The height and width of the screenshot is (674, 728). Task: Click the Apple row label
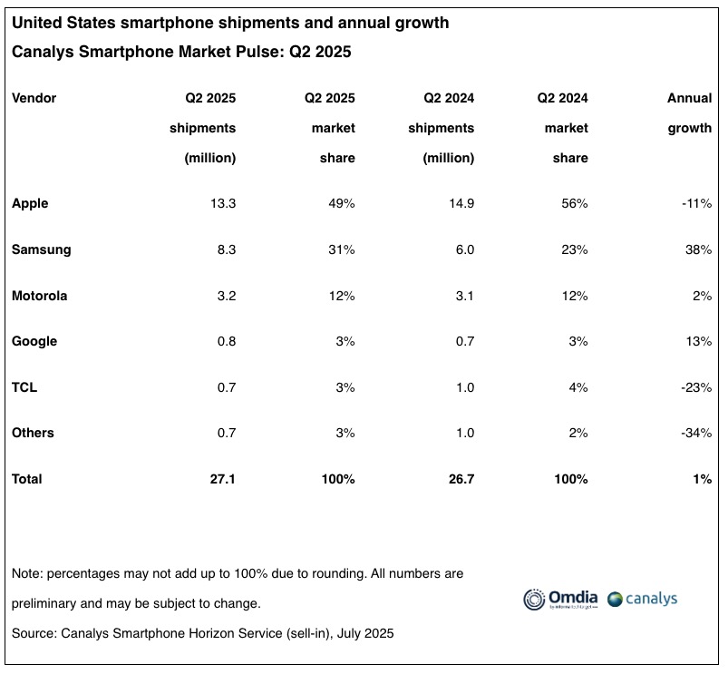pyautogui.click(x=30, y=203)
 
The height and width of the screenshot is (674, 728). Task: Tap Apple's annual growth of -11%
pyautogui.click(x=697, y=203)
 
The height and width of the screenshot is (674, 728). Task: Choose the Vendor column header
pyautogui.click(x=34, y=98)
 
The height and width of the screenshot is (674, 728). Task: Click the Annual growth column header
pyautogui.click(x=690, y=112)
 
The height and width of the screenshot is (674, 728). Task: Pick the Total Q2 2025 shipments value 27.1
pyautogui.click(x=221, y=478)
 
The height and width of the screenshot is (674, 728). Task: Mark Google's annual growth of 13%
pyautogui.click(x=699, y=341)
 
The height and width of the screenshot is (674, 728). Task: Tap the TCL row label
pyautogui.click(x=24, y=387)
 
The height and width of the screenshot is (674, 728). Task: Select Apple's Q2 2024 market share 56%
pyautogui.click(x=574, y=203)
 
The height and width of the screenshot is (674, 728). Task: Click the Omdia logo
pyautogui.click(x=560, y=599)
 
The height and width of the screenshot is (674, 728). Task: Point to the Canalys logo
pyautogui.click(x=643, y=599)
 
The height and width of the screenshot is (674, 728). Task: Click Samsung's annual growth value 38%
pyautogui.click(x=699, y=249)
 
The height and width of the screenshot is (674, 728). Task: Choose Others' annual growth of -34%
pyautogui.click(x=697, y=433)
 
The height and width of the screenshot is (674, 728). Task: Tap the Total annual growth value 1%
pyautogui.click(x=702, y=478)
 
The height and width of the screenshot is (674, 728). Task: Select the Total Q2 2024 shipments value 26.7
pyautogui.click(x=459, y=478)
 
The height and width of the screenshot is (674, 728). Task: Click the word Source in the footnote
pyautogui.click(x=34, y=632)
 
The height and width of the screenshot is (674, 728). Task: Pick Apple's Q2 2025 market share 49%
pyautogui.click(x=341, y=203)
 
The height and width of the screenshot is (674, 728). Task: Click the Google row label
pyautogui.click(x=34, y=341)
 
